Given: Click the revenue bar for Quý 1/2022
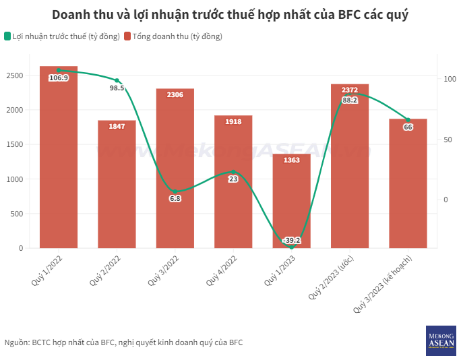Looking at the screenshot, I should tap(59, 162).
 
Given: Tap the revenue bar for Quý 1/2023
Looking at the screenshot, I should tap(292, 202).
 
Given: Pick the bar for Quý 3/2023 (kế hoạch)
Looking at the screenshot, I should tap(408, 185).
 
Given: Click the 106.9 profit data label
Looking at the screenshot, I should tap(59, 78).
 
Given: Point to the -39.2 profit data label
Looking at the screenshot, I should tap(292, 240).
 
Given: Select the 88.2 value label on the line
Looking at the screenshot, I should tap(350, 100).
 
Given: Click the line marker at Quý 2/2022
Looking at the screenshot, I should tap(117, 81).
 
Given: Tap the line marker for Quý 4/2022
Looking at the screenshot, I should tap(233, 172).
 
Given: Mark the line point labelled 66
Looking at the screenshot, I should tap(408, 120).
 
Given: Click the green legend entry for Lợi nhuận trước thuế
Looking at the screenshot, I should tap(62, 36).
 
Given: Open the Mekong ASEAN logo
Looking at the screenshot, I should tap(441, 340).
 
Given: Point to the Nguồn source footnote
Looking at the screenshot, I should tap(123, 342).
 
